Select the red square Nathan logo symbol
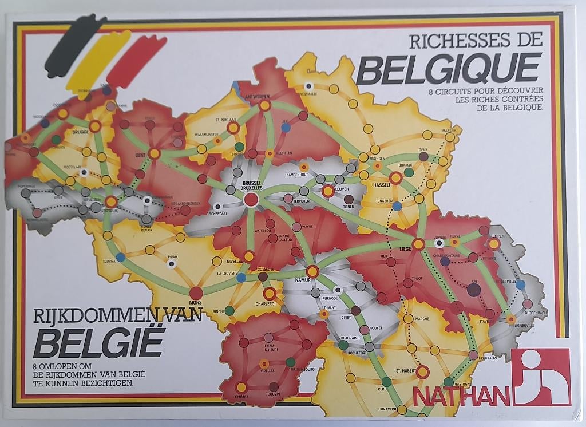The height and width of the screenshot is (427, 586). tap(541, 377)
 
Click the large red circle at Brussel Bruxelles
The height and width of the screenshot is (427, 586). tap(251, 199)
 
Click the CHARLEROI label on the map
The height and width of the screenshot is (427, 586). tap(266, 303)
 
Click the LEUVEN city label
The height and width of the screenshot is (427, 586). tap(342, 188)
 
